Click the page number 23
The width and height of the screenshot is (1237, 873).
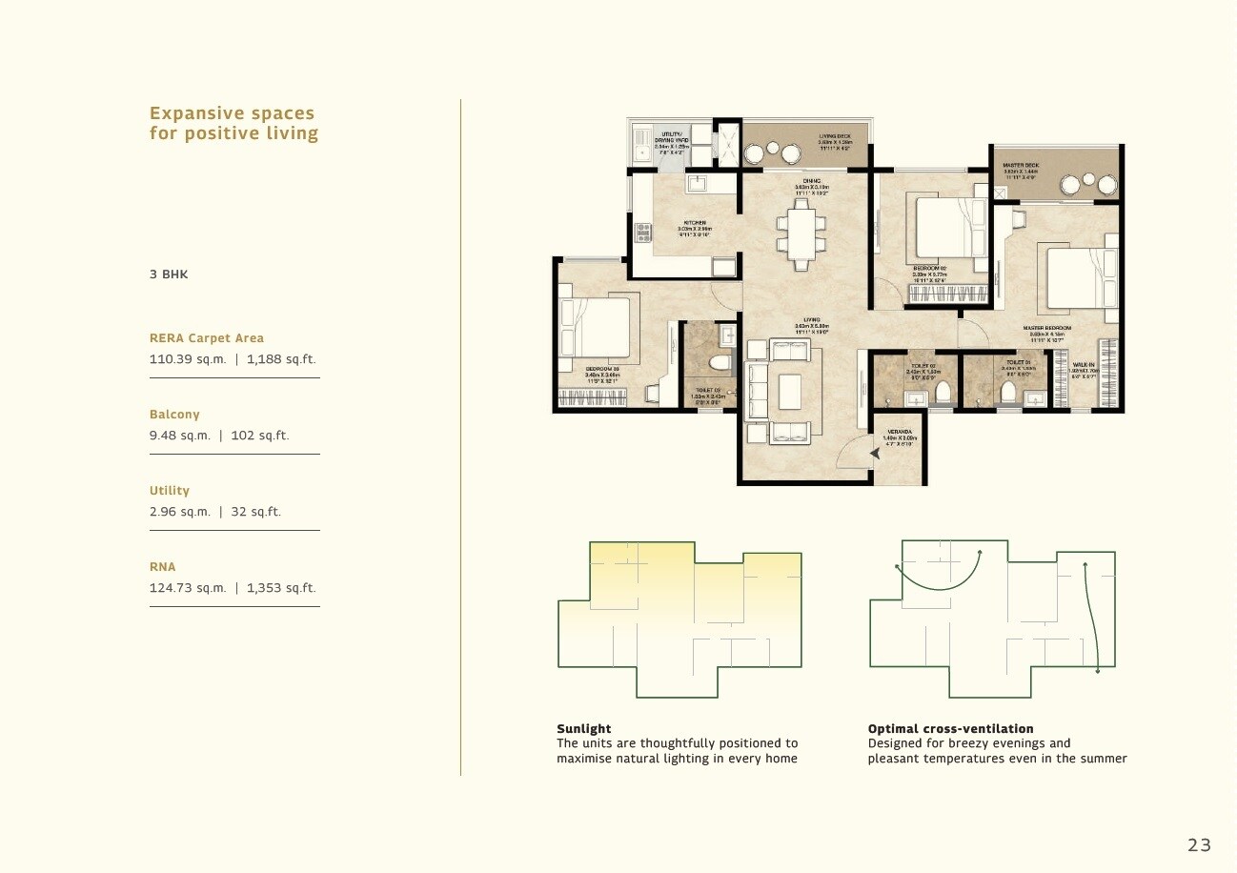click(x=1199, y=844)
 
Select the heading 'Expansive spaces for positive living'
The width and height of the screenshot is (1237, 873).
click(x=233, y=124)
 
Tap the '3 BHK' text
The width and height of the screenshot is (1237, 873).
click(x=169, y=274)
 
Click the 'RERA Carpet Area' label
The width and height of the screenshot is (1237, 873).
click(x=207, y=338)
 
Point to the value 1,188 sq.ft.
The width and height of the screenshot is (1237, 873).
click(x=281, y=359)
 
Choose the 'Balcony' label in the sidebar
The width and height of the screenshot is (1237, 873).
click(x=174, y=415)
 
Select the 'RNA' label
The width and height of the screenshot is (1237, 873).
click(x=162, y=567)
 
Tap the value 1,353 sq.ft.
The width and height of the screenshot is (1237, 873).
click(x=281, y=588)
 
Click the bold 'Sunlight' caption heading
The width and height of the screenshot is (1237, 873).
click(x=583, y=729)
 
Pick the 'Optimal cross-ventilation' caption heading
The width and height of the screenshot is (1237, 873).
click(x=950, y=729)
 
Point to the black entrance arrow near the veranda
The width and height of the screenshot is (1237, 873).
click(x=874, y=455)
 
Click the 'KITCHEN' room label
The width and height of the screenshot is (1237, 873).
click(x=694, y=223)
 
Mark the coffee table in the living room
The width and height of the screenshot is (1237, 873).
click(x=789, y=392)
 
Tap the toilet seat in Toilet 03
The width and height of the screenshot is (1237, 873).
click(x=720, y=363)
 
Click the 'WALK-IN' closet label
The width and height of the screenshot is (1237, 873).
click(x=1084, y=364)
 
